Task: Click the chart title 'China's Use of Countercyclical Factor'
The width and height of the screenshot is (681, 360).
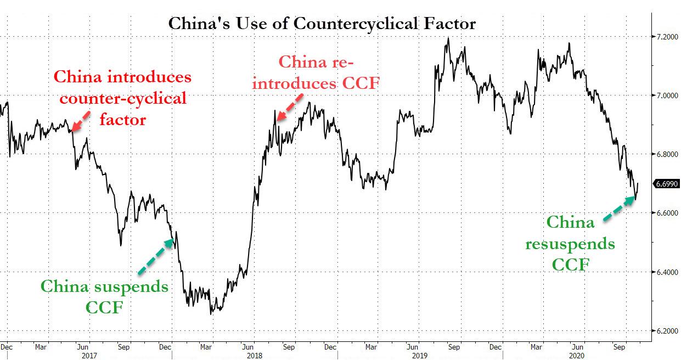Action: (x=322, y=24)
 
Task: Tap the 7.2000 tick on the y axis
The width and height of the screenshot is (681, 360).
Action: (x=665, y=37)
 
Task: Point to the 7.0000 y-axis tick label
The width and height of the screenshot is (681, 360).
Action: (x=665, y=95)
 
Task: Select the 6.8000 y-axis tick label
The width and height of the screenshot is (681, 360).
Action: (x=665, y=154)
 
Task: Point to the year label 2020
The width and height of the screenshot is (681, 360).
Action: (x=577, y=355)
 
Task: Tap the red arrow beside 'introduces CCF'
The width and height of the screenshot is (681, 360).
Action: (x=289, y=106)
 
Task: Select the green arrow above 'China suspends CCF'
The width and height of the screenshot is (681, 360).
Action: (x=155, y=256)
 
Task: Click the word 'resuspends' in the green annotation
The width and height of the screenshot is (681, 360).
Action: (x=570, y=243)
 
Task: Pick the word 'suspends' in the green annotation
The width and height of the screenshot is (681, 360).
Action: (x=137, y=286)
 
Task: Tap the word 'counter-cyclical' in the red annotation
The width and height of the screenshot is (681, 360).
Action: (x=123, y=98)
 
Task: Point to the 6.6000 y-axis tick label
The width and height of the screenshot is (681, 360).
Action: (x=665, y=213)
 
